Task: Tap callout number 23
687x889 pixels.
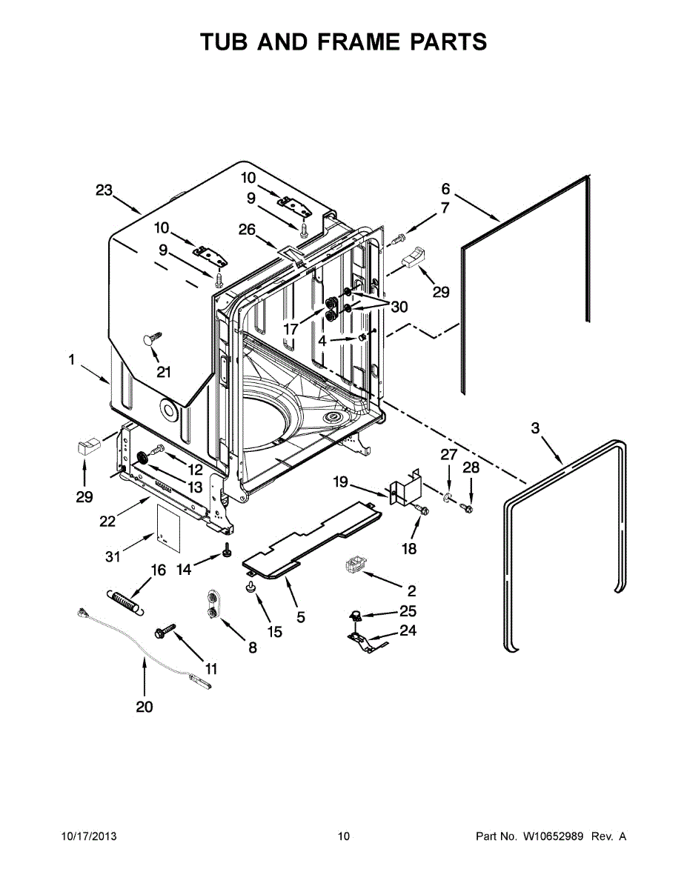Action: click(104, 190)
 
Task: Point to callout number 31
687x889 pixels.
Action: click(113, 555)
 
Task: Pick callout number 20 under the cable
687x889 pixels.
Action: click(145, 707)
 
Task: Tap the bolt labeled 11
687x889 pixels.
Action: click(164, 630)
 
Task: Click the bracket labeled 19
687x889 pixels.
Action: click(404, 489)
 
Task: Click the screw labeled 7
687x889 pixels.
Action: click(399, 238)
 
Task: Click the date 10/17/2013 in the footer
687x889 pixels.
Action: click(88, 836)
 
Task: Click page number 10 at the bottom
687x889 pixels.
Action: click(343, 836)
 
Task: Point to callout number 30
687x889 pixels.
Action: click(399, 306)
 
